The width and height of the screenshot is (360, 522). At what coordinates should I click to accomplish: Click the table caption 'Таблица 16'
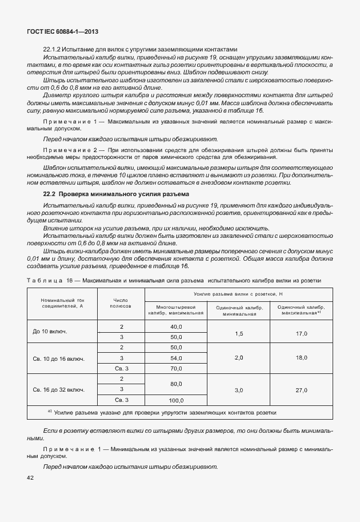50,280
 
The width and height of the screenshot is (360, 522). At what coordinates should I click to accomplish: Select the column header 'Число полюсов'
121,302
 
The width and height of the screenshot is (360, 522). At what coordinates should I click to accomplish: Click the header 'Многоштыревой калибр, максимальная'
175,310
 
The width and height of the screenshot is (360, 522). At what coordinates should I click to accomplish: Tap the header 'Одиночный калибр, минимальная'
239,310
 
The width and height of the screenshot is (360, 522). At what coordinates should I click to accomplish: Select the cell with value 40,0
175,326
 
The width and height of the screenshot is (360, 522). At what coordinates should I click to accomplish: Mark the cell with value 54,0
175,358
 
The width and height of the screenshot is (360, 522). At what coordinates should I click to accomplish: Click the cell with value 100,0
175,400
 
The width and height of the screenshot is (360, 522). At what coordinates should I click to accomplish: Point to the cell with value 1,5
239,333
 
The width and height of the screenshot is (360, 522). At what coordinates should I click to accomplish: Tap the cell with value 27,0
301,389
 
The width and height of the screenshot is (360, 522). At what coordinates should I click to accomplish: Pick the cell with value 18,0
301,358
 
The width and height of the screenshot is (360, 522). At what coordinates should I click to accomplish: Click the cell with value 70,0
175,368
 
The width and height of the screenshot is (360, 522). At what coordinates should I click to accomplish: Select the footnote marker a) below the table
50,412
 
